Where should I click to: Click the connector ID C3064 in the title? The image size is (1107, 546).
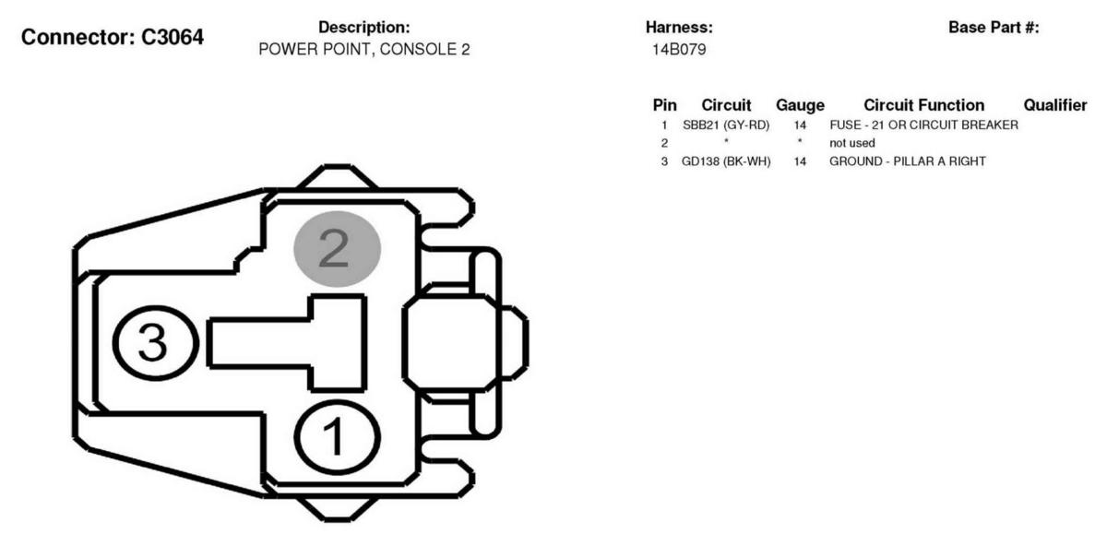point(173,37)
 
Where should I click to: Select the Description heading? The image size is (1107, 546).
point(364,27)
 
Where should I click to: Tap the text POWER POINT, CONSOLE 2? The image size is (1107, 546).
point(364,50)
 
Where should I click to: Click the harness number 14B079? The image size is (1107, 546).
point(679,50)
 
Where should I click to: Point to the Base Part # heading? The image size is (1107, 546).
point(994,27)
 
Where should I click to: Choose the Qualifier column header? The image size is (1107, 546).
point(1055,105)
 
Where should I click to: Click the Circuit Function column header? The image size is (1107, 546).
point(924,105)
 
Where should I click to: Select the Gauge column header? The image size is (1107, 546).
point(800,105)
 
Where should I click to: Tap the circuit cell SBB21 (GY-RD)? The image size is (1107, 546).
point(726,125)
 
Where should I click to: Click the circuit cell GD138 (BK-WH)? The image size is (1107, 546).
point(726,161)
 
